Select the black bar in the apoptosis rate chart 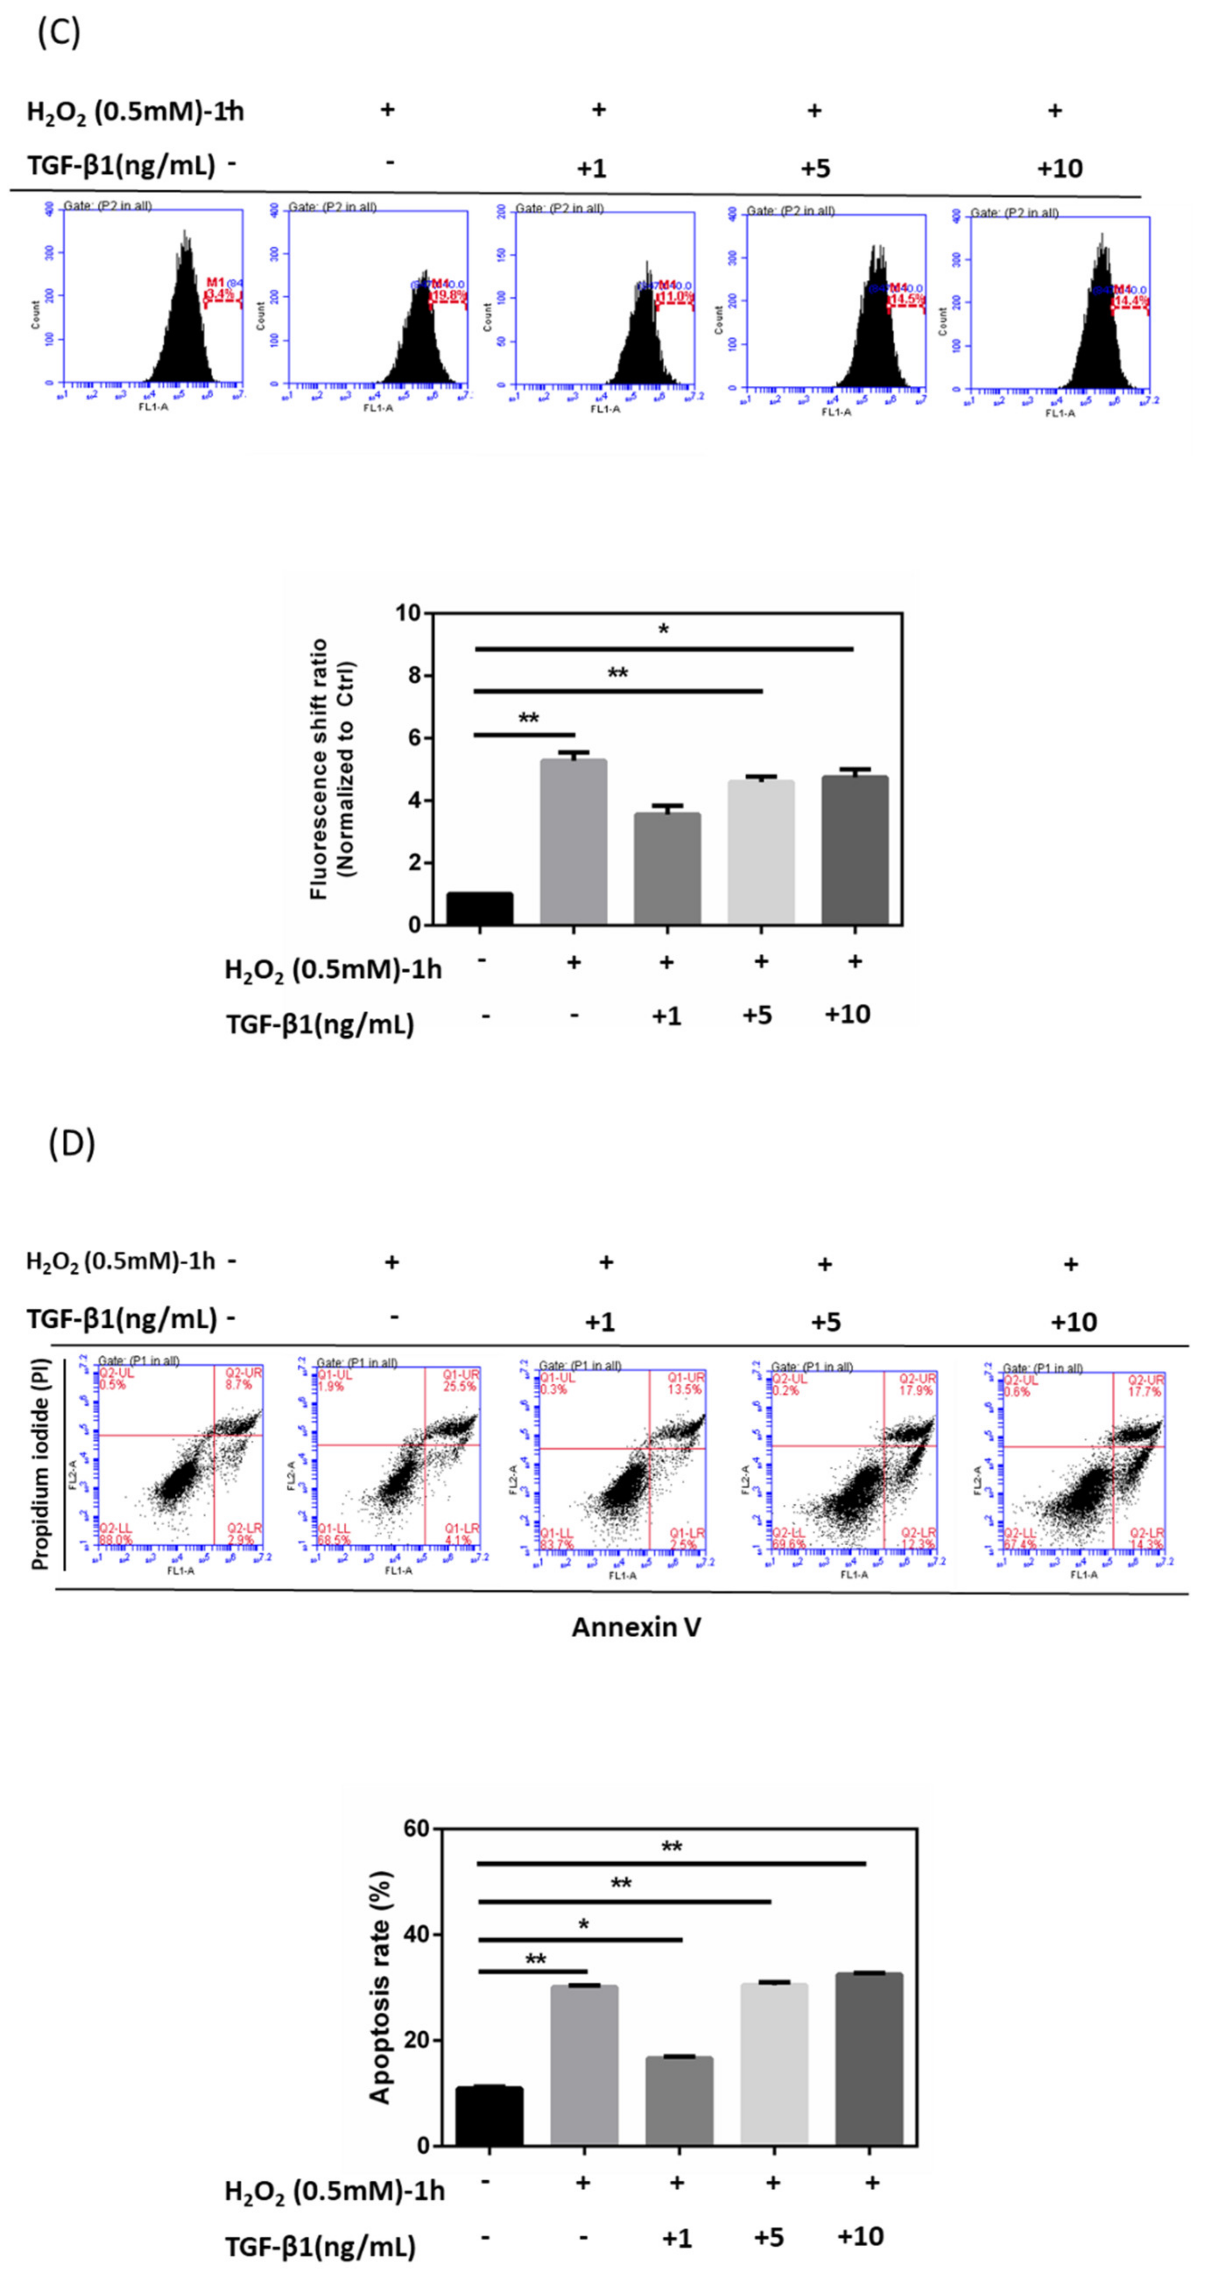(x=489, y=2116)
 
